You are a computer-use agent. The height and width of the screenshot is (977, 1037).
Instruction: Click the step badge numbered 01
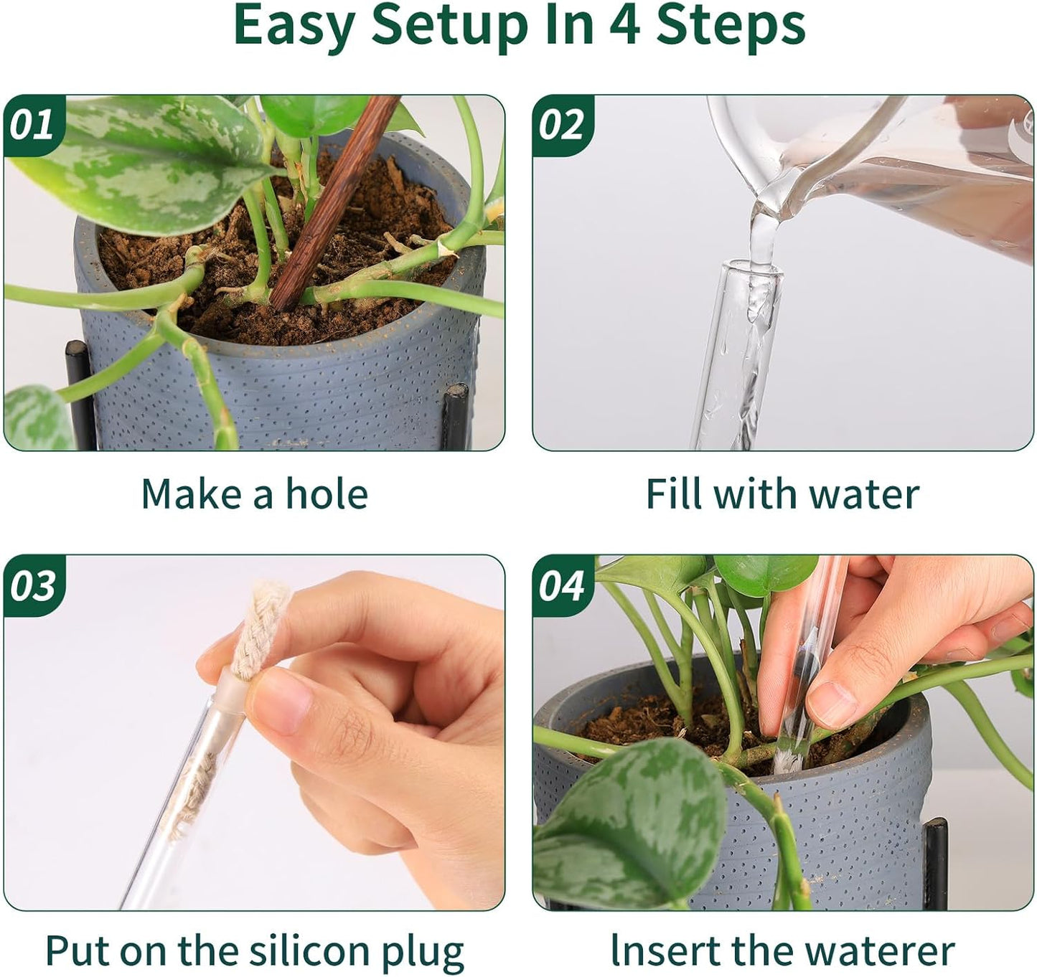(32, 125)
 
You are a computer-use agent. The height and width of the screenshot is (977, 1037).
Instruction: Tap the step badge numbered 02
(561, 125)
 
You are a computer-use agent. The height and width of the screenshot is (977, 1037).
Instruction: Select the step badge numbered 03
(32, 585)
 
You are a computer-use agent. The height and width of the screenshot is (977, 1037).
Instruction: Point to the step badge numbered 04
(561, 585)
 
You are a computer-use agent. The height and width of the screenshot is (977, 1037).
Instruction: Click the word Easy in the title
(294, 26)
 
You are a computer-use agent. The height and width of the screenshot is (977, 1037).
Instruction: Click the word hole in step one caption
(327, 494)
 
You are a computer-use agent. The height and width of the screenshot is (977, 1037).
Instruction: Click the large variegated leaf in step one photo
(144, 158)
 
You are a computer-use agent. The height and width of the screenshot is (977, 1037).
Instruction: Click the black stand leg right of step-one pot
(456, 416)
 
